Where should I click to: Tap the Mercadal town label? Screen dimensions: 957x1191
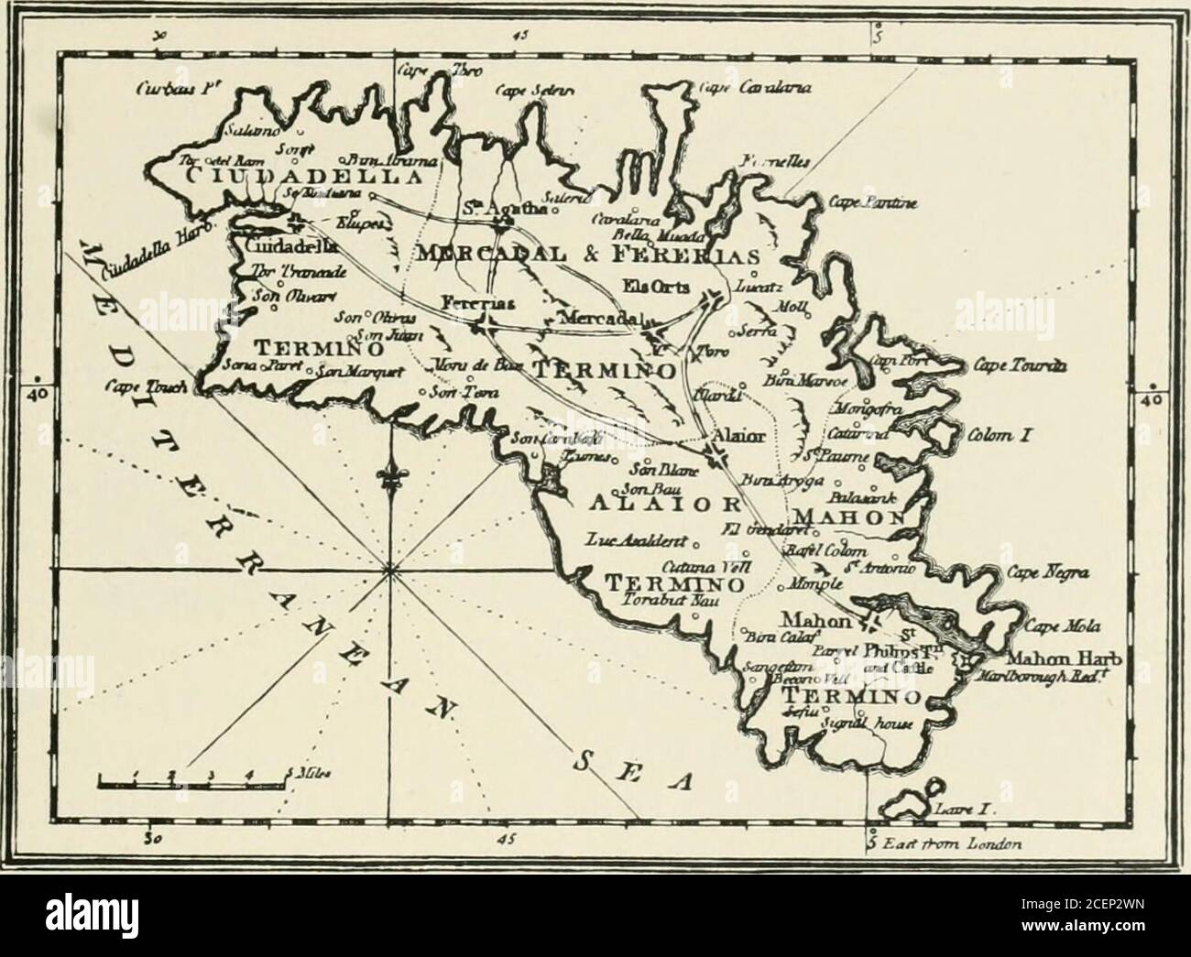coord(595,318)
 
